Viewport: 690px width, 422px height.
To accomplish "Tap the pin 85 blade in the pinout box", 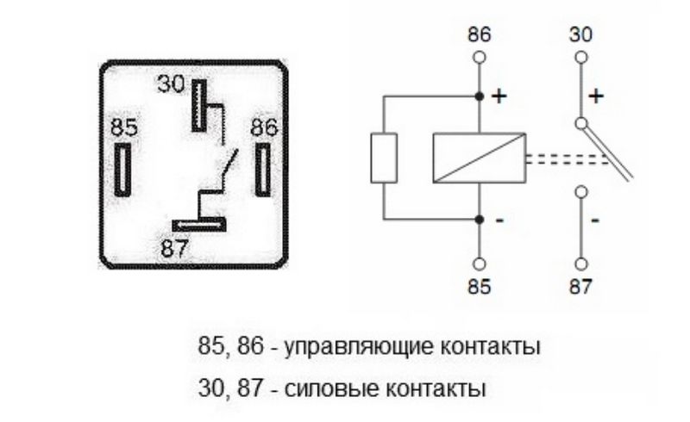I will point(125,168).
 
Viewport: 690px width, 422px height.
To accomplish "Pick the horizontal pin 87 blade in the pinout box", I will point(198,226).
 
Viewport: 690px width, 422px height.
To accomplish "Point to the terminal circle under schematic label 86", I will point(480,58).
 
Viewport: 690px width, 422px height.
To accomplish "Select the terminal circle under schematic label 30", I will point(582,58).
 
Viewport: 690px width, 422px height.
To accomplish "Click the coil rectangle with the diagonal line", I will point(480,157).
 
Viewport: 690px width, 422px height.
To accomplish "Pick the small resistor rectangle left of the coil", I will point(383,157).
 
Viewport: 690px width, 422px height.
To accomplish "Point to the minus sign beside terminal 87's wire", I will point(595,220).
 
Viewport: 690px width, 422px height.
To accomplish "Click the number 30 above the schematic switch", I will point(582,36).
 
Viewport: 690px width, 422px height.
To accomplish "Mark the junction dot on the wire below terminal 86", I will point(480,96).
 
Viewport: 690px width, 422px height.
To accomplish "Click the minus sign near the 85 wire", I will point(498,220).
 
